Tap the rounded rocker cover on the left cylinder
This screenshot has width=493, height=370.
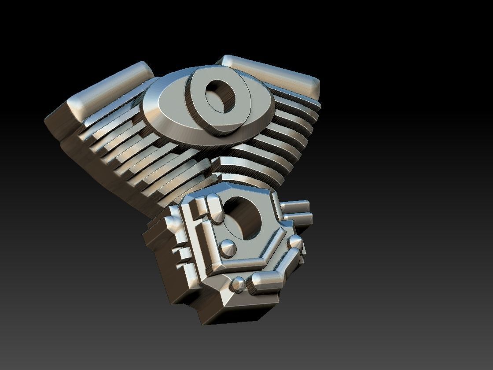pyautogui.click(x=110, y=90)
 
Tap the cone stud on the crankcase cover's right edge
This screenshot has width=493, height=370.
pyautogui.click(x=295, y=242)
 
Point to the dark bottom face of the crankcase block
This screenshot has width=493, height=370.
pyautogui.click(x=246, y=315)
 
